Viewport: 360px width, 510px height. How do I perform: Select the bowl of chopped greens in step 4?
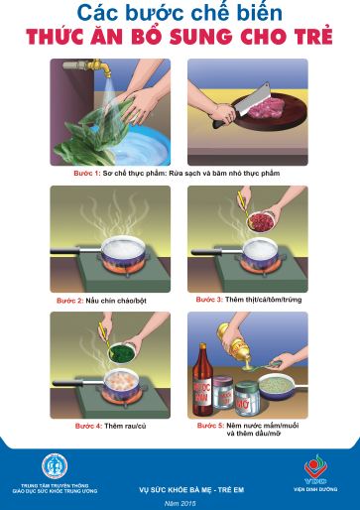(125, 350)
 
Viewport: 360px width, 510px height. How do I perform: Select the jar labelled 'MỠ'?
(241, 404)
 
